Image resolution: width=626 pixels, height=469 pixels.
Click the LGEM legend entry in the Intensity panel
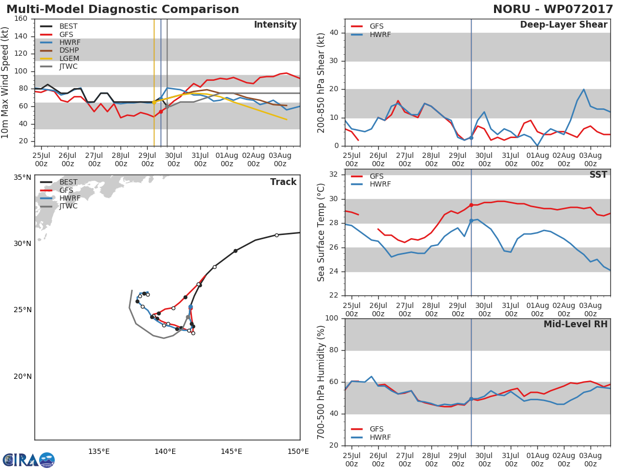(x=59, y=58)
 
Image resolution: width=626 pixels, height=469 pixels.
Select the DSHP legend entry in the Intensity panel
(x=59, y=51)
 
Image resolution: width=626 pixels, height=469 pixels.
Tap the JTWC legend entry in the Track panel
(x=59, y=206)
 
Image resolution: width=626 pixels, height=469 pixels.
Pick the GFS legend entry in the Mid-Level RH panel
(x=367, y=429)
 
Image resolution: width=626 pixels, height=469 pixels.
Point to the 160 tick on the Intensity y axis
(x=21, y=19)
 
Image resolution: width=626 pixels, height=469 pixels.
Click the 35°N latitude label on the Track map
(x=22, y=177)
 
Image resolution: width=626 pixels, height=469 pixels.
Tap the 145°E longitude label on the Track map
(x=231, y=451)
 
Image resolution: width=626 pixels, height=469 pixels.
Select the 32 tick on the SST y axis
(x=334, y=174)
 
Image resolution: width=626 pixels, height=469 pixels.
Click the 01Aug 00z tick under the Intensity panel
(x=227, y=160)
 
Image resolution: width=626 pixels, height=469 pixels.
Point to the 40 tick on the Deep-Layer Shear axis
(x=334, y=32)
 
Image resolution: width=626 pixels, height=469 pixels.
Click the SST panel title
(x=598, y=175)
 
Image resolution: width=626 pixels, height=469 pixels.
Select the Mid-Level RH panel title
(x=575, y=324)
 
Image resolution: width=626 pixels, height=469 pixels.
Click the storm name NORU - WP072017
(x=553, y=9)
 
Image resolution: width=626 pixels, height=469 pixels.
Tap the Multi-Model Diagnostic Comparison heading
(x=123, y=9)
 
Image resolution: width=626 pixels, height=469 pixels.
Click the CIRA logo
(x=29, y=460)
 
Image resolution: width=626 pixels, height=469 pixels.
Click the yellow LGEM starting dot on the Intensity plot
(x=154, y=103)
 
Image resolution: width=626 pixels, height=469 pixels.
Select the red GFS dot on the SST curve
(x=471, y=205)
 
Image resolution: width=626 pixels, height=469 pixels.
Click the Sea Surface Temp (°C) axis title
(x=321, y=232)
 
